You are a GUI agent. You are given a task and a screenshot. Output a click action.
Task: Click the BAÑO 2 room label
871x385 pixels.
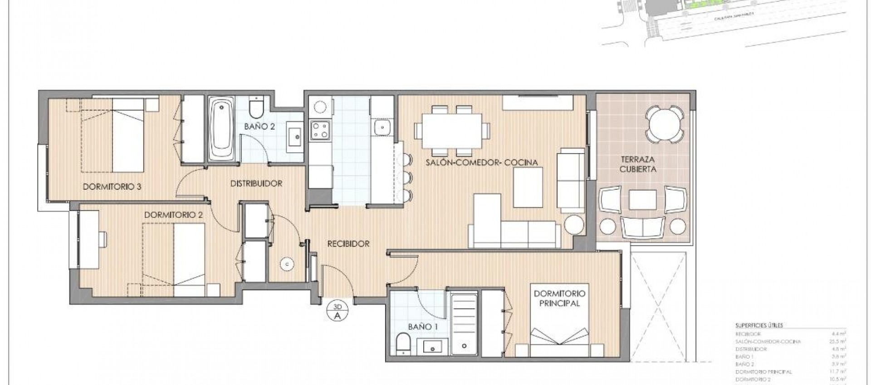pyautogui.click(x=259, y=127)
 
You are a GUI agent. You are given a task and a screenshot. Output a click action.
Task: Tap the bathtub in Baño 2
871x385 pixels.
pyautogui.click(x=222, y=130)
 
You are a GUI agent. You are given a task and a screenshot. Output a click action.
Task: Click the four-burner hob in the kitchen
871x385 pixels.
pyautogui.click(x=319, y=130)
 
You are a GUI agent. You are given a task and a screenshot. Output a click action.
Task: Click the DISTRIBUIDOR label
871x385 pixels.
pyautogui.click(x=256, y=183)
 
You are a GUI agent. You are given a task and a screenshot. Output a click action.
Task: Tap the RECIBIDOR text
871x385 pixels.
pyautogui.click(x=348, y=244)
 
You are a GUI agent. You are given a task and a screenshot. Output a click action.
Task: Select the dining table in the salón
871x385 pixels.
pyautogui.click(x=452, y=130)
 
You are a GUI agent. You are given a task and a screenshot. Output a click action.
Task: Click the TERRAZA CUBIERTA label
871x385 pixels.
pyautogui.click(x=638, y=164)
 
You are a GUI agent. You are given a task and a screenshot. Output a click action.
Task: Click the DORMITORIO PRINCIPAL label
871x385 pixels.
pyautogui.click(x=559, y=298)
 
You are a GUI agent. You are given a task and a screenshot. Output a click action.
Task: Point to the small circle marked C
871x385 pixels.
pyautogui.click(x=287, y=263)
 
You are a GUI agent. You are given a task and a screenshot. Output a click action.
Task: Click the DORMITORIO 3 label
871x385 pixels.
pyautogui.click(x=112, y=187)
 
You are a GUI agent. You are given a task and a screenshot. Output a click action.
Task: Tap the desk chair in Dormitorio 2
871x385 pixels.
pyautogui.click(x=103, y=239)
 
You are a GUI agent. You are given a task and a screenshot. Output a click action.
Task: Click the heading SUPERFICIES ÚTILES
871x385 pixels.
pyautogui.click(x=759, y=325)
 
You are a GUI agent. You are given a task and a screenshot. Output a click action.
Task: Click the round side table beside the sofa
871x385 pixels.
pyautogui.click(x=575, y=224)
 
